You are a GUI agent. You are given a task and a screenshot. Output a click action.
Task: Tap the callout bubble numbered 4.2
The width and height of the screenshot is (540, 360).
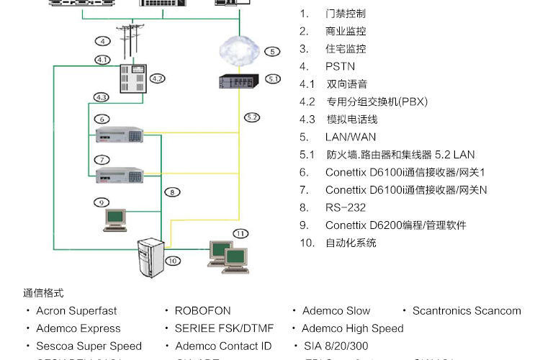[158, 78]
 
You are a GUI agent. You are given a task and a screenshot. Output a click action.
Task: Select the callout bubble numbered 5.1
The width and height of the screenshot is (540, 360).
[272, 78]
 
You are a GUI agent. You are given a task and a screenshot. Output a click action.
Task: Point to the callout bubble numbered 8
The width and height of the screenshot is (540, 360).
[172, 192]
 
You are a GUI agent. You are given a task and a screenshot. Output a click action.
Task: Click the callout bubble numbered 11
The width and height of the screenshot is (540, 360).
[240, 233]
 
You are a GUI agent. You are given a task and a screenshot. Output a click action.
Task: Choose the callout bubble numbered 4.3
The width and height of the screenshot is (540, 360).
[102, 96]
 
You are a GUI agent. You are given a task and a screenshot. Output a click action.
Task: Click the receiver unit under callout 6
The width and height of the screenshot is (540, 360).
[120, 134]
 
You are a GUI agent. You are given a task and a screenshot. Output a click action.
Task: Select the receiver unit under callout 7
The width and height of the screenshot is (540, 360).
[120, 173]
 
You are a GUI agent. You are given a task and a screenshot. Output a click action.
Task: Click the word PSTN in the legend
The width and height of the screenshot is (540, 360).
[340, 66]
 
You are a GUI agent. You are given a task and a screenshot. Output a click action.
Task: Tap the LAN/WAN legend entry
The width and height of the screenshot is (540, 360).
[350, 137]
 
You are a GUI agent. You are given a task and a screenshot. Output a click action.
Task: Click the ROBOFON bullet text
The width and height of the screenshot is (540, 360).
[202, 311]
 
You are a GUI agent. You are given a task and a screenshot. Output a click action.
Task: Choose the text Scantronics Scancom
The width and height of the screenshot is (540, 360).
[466, 311]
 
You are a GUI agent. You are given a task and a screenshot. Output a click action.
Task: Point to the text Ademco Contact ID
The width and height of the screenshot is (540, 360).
[223, 346]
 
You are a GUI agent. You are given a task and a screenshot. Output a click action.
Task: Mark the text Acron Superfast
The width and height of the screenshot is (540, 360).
[76, 311]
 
